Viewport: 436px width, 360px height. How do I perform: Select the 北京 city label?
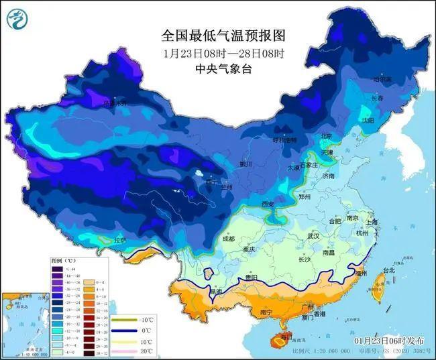tap(326, 136)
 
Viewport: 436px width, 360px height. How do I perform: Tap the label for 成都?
tap(228, 239)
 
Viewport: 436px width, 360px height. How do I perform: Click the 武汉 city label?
tap(313, 237)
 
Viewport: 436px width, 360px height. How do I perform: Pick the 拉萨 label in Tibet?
tap(119, 240)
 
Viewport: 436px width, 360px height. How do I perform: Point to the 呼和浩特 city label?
tap(282, 140)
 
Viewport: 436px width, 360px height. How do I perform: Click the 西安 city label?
tap(268, 203)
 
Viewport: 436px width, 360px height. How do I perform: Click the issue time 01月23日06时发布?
tap(390, 341)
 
